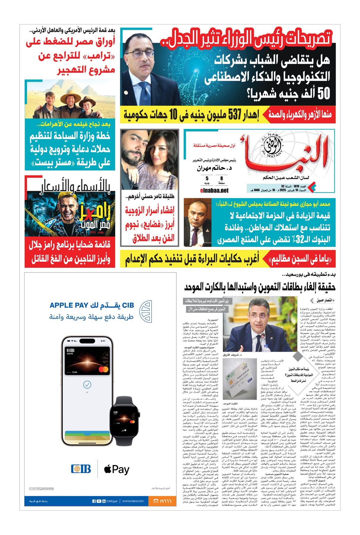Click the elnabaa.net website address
pos(214,191)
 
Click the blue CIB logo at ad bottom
pos(81,469)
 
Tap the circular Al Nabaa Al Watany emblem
pos(271,145)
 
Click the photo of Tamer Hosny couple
pos(149,160)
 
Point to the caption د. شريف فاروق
pos(232,355)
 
